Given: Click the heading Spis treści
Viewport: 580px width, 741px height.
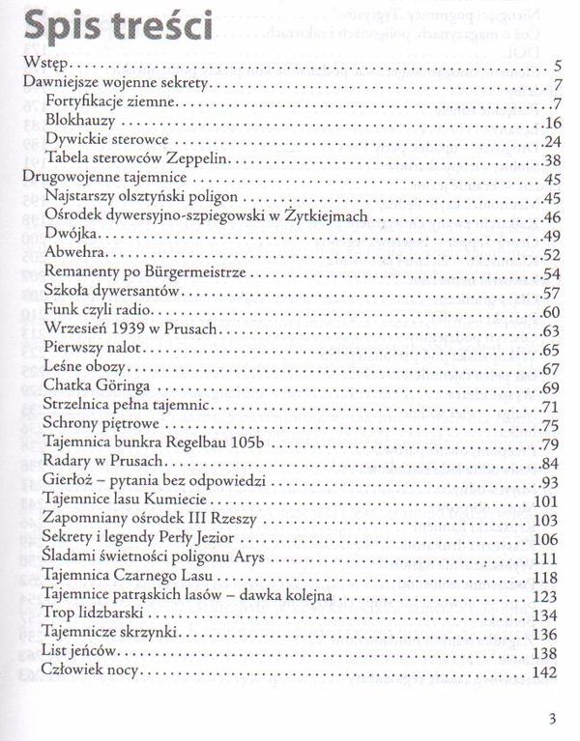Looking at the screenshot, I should pyautogui.click(x=115, y=29).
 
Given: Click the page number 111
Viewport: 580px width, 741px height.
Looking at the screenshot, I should pyautogui.click(x=548, y=558).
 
